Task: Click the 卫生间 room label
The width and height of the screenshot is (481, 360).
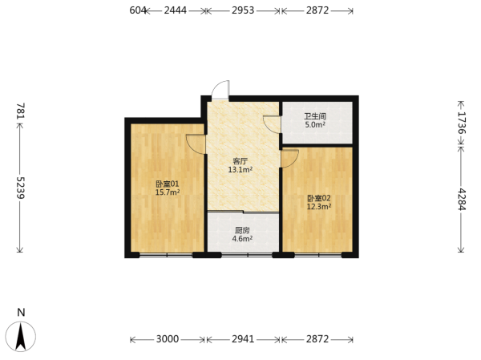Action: coord(315,116)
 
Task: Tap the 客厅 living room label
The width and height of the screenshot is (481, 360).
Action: coord(240,161)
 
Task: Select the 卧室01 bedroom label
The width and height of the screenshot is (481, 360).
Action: coord(168,184)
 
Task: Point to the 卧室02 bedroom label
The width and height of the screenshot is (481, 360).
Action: coord(319,198)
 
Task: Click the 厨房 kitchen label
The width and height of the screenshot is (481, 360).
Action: coord(242,230)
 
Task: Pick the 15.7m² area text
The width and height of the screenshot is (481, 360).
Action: coord(168,192)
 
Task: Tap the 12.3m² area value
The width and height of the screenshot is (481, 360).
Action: coord(319,207)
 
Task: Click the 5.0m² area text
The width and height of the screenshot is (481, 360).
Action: coord(315,124)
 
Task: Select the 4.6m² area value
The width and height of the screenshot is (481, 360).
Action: coord(242,238)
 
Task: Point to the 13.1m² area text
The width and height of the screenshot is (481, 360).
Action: coord(240,169)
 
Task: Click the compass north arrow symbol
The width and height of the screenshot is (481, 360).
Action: coord(21,337)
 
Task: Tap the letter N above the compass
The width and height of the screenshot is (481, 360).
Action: coord(21,313)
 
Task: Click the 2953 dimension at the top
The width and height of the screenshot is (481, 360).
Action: coord(243,10)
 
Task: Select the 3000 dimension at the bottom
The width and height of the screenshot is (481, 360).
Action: coord(168,339)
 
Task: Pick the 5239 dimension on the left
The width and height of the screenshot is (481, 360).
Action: coord(21,188)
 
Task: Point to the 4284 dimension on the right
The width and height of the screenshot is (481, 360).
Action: coord(462,200)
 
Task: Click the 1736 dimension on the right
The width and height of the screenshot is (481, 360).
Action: coord(462,123)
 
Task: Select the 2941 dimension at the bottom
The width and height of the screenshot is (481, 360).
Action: coord(243,339)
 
